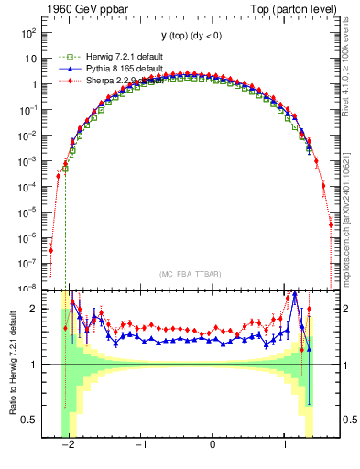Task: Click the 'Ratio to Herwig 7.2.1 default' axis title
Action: click(12, 365)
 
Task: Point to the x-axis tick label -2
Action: click(68, 445)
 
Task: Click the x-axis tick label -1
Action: click(140, 445)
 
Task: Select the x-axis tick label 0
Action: click(213, 445)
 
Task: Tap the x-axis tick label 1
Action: click(285, 445)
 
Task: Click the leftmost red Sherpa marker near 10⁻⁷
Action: click(51, 250)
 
